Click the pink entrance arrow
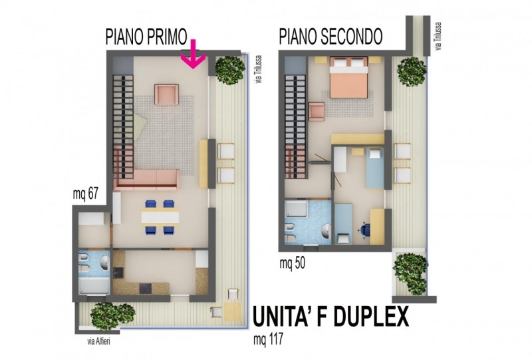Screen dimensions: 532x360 (193, 55)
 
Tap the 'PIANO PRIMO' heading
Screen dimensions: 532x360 (146, 37)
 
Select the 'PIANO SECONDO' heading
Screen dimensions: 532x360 (331, 37)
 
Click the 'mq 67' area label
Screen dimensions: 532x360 (86, 194)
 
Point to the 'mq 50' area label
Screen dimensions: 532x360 (292, 264)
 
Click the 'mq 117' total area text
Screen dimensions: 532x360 (268, 339)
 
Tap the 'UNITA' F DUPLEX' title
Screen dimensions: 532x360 (331, 317)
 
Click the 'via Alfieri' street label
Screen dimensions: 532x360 (98, 341)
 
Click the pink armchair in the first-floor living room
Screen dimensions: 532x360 (167, 94)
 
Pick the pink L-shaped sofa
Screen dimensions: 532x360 (146, 179)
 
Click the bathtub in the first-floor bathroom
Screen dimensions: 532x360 (94, 286)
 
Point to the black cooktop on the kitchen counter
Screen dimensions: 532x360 (146, 289)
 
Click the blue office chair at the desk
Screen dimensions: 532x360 (364, 230)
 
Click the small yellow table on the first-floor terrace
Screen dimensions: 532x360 (232, 311)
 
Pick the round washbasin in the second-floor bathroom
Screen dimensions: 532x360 (327, 232)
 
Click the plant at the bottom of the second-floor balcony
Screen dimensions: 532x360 (410, 273)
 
